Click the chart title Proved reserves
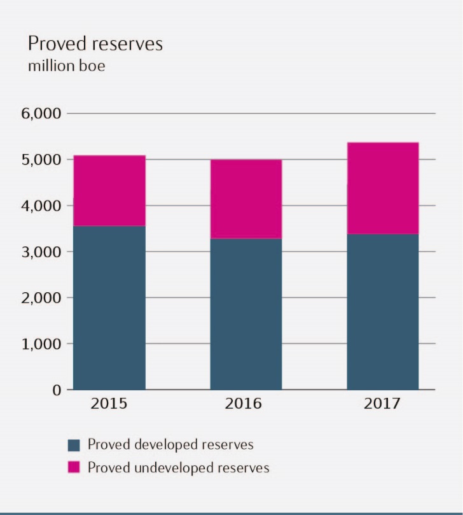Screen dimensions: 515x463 click(95, 44)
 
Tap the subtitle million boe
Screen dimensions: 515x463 click(66, 66)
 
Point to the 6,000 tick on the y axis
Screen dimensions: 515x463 click(41, 114)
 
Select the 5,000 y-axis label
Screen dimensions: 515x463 click(41, 160)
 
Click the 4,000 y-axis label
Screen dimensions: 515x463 click(41, 206)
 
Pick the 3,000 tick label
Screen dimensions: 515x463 click(41, 251)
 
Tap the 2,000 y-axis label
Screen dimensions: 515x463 click(41, 297)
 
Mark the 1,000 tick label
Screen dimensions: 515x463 click(41, 344)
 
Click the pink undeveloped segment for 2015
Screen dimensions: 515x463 click(109, 190)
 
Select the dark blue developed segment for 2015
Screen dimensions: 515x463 click(109, 307)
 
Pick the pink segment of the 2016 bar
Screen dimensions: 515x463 click(246, 199)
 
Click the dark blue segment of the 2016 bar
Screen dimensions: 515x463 click(246, 314)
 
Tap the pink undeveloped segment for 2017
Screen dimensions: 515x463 click(383, 188)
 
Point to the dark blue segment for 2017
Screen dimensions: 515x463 click(383, 312)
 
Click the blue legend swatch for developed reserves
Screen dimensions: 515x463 click(74, 444)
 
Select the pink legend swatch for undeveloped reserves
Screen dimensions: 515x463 click(74, 468)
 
